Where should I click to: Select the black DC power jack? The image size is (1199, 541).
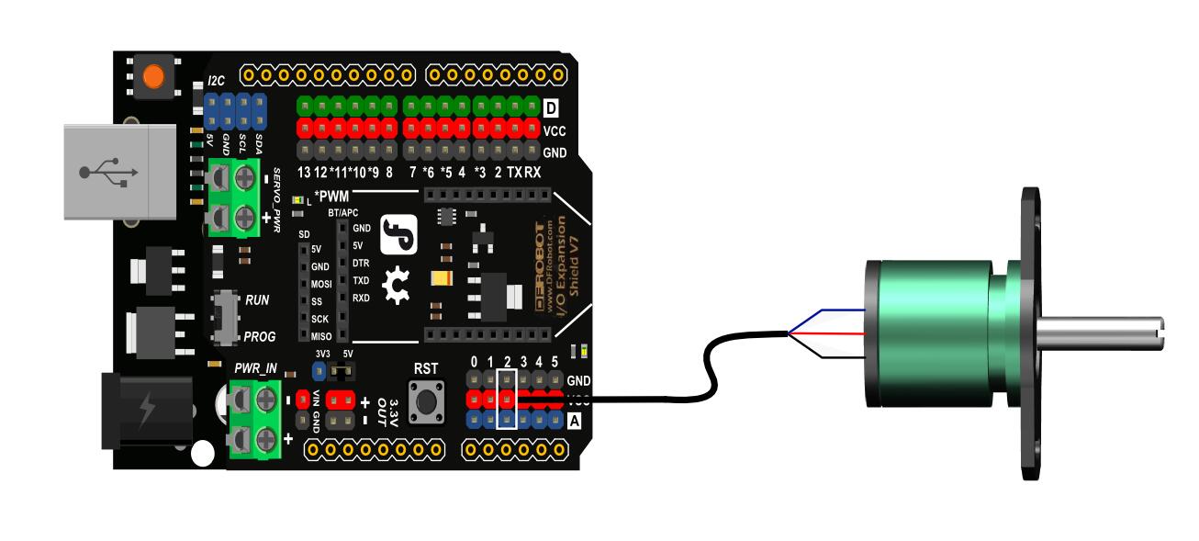click(x=147, y=411)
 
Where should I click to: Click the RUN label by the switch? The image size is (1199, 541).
click(x=257, y=300)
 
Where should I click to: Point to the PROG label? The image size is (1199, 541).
click(x=259, y=336)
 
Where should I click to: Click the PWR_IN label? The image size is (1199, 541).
click(x=255, y=368)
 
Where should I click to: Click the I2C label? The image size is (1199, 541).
click(x=216, y=82)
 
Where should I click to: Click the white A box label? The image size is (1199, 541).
click(x=575, y=421)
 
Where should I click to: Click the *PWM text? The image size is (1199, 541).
click(x=331, y=196)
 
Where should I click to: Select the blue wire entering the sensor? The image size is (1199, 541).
click(x=826, y=312)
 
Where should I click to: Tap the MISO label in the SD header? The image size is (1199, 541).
click(x=321, y=336)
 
